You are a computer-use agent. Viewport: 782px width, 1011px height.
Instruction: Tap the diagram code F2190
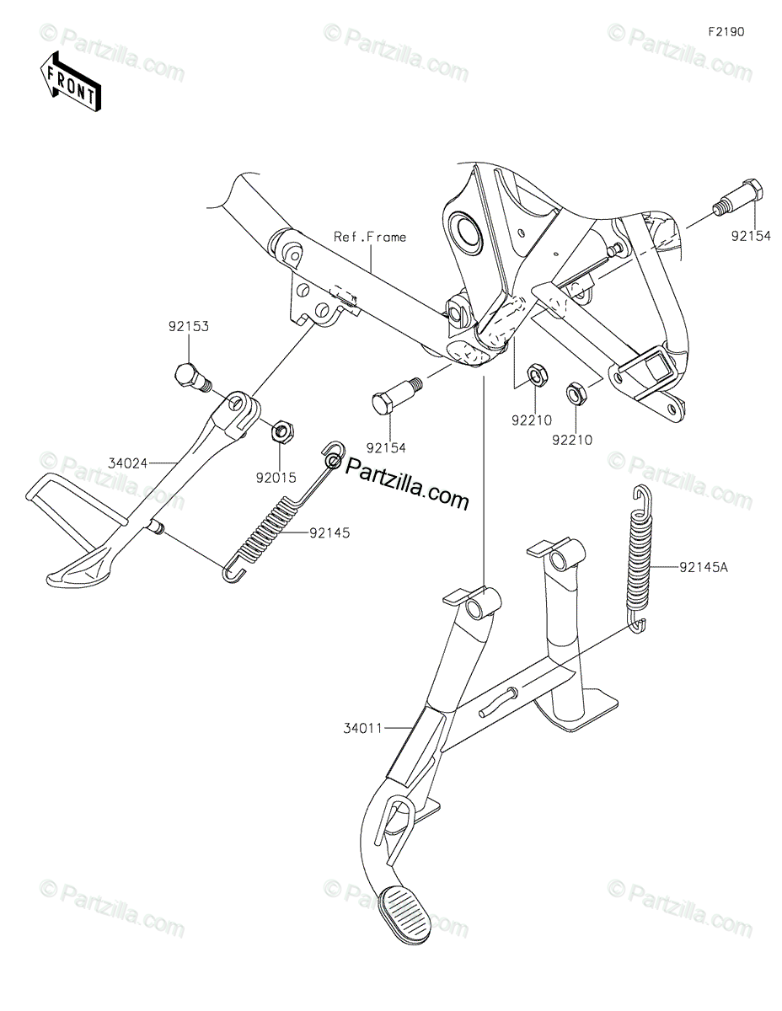[x=726, y=32]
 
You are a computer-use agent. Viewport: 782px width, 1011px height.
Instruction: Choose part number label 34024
[x=127, y=463]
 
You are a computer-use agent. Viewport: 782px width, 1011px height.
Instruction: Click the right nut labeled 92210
[x=574, y=391]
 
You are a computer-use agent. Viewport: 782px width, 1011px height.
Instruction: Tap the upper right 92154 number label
[x=750, y=238]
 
